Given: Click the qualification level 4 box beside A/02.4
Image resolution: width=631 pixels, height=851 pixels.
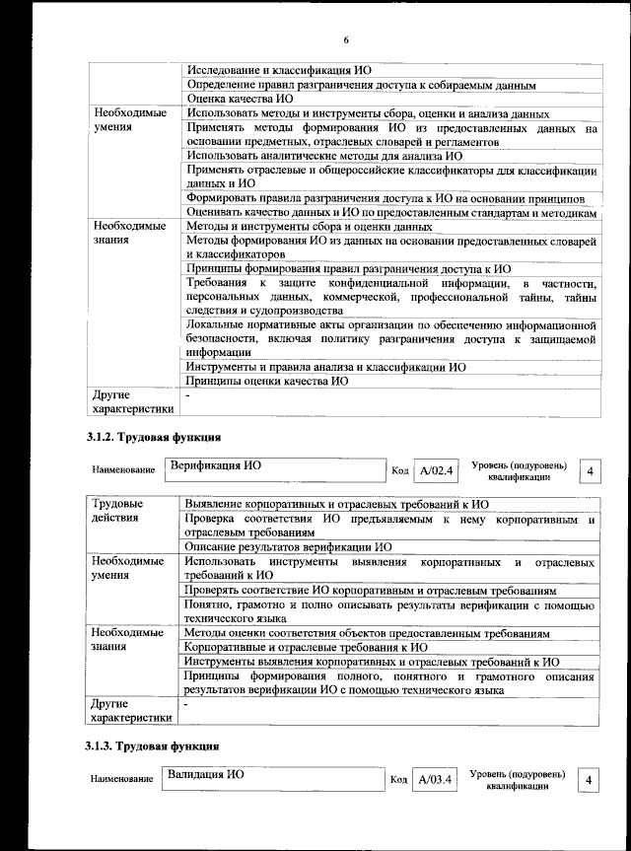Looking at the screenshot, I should [590, 471].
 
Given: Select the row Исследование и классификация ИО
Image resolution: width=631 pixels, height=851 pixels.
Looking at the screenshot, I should [278, 70].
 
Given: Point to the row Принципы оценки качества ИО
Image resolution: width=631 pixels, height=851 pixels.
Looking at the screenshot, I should [267, 380].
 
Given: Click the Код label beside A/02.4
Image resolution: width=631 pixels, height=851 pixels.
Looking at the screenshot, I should [400, 471].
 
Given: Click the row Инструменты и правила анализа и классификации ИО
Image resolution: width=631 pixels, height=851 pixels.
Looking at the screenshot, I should [326, 366].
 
